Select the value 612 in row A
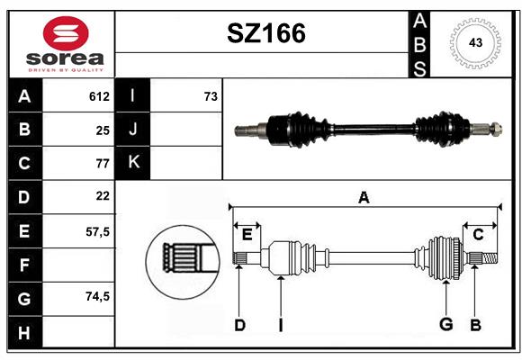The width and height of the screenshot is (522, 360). point(99,96)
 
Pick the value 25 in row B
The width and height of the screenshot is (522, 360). point(102,130)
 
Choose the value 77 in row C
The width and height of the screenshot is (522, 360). point(102,163)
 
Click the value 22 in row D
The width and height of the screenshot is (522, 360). point(102,195)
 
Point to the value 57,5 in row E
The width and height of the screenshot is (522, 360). point(97,230)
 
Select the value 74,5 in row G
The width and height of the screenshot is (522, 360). point(97,295)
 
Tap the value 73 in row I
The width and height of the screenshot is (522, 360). point(211,96)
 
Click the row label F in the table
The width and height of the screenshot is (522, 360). point(24,265)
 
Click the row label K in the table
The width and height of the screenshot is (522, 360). point(133,163)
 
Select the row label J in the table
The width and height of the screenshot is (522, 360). point(133,130)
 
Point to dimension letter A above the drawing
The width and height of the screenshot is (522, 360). point(364,197)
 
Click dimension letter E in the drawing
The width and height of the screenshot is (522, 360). point(247,235)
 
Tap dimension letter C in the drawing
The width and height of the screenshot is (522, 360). point(479,235)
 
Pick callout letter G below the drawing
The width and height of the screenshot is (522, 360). point(445,325)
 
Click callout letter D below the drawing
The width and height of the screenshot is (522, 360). point(239,325)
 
